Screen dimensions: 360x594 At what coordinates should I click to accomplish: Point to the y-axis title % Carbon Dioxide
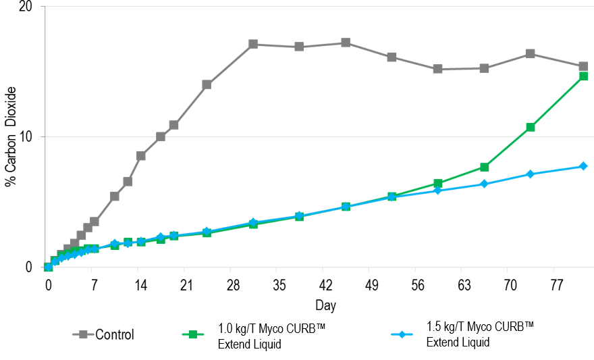[11, 137]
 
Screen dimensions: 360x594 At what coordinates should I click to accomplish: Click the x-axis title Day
[325, 306]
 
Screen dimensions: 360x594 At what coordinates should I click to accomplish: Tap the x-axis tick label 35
[278, 284]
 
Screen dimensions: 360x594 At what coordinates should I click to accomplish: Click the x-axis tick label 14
[140, 284]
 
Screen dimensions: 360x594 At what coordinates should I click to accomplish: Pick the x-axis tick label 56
[417, 284]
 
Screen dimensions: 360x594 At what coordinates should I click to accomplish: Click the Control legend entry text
[115, 334]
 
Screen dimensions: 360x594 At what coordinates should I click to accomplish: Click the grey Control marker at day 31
[253, 44]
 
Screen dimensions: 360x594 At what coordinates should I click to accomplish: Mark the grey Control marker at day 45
[346, 43]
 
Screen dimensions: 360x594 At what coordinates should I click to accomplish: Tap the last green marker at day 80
[583, 76]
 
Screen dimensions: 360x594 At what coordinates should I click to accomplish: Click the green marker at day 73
[531, 127]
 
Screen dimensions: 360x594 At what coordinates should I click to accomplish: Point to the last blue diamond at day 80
[583, 166]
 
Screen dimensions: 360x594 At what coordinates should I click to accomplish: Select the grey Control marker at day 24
[207, 84]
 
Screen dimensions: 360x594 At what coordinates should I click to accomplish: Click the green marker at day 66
[484, 167]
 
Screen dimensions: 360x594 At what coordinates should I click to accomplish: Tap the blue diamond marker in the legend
[403, 334]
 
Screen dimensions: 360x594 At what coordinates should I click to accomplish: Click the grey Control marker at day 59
[437, 69]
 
